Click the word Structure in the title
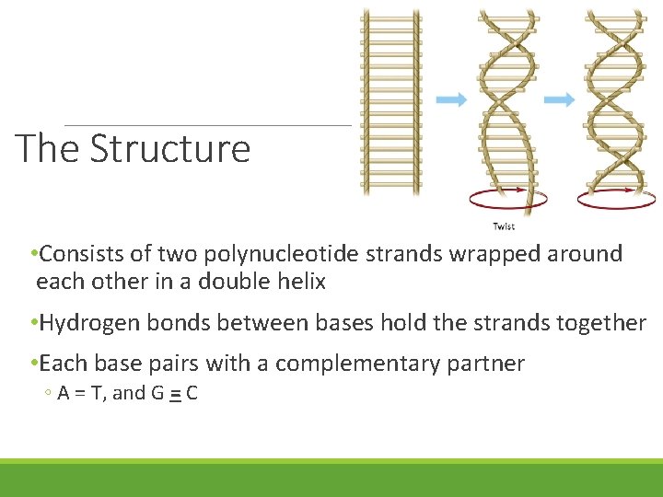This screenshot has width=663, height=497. [x=170, y=148]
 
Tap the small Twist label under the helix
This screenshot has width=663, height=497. [x=504, y=226]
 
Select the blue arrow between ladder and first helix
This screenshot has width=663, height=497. [x=451, y=99]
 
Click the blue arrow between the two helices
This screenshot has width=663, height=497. [x=559, y=99]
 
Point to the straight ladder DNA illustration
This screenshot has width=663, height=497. [x=390, y=101]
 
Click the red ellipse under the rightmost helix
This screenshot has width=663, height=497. [x=616, y=198]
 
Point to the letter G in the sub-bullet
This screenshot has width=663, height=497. [x=158, y=394]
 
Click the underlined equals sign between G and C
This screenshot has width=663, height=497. [x=174, y=394]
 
